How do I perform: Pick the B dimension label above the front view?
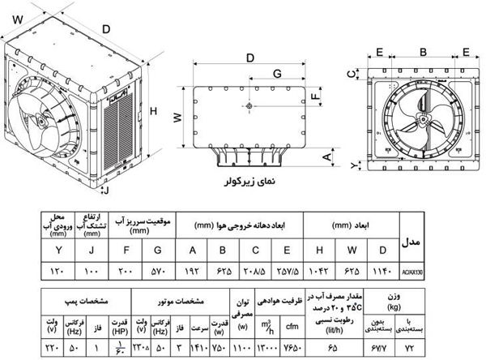click(x=422, y=51)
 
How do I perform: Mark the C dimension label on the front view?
click(x=351, y=73)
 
